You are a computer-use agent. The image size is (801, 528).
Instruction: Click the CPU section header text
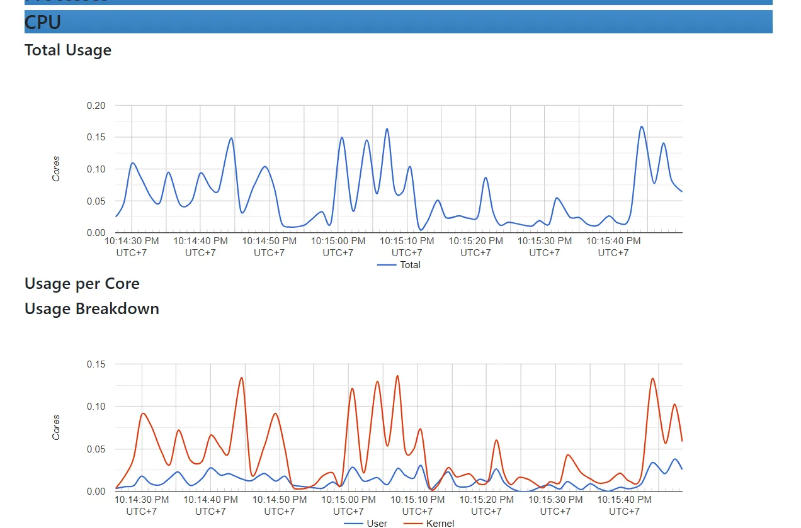(x=43, y=23)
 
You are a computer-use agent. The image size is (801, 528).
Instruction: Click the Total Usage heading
(x=68, y=50)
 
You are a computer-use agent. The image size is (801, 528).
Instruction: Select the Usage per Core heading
(x=82, y=284)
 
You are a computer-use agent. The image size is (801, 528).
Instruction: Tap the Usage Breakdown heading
(x=92, y=309)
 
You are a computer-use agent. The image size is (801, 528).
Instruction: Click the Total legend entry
(x=409, y=265)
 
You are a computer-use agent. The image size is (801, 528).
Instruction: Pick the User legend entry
(x=377, y=523)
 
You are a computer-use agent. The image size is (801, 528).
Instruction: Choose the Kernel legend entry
(x=440, y=523)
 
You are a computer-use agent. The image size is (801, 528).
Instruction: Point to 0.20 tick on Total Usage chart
(x=96, y=106)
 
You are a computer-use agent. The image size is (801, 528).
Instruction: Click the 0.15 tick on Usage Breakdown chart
(x=96, y=364)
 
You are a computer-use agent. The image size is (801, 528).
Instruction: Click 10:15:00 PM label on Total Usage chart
(x=338, y=241)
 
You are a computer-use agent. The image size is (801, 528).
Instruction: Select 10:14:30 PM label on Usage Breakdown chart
(x=142, y=500)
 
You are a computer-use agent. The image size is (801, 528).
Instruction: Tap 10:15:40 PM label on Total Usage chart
(x=613, y=241)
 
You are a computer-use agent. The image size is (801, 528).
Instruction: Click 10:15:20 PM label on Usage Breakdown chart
(x=486, y=500)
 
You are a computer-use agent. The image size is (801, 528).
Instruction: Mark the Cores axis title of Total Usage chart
(x=56, y=169)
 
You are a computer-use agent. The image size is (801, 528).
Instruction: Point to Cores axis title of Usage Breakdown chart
(x=56, y=427)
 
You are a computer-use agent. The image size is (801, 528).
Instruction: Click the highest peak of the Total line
(x=641, y=126)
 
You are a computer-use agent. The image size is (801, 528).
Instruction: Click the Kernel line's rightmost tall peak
(x=652, y=378)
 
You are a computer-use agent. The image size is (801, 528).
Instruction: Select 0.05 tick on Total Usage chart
(x=96, y=201)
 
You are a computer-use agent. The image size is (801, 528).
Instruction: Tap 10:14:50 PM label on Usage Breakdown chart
(x=280, y=500)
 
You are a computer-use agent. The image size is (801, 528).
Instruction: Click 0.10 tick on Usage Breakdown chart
(x=96, y=407)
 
